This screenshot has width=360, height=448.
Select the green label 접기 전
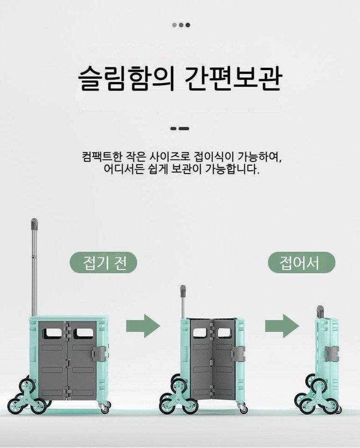[x=103, y=263]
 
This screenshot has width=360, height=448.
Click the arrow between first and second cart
[x=143, y=326]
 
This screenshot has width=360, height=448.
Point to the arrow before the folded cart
[x=282, y=326]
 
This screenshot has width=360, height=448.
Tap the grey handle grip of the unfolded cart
[x=34, y=224]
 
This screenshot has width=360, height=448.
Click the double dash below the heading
[x=180, y=128]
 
